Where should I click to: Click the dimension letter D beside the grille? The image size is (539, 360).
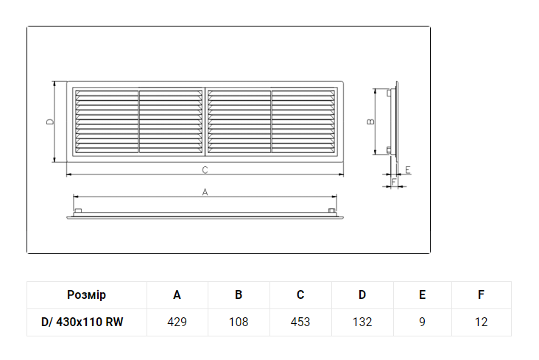[x=50, y=121]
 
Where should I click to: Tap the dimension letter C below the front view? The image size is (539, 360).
[x=205, y=170]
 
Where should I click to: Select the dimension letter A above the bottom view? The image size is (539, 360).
[x=205, y=192]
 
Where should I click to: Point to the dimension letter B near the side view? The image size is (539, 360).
[x=370, y=121]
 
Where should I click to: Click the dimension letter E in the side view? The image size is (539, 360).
[x=408, y=170]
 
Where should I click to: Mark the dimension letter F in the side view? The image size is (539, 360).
[x=394, y=182]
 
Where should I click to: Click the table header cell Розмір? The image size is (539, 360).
[x=86, y=295]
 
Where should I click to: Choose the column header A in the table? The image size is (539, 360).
[x=177, y=294]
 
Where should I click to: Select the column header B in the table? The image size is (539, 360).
[x=239, y=294]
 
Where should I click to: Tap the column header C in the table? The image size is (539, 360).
[x=300, y=294]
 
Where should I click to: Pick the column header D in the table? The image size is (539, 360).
[x=362, y=294]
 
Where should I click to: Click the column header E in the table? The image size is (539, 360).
[x=423, y=294]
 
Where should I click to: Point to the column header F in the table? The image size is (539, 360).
[x=482, y=294]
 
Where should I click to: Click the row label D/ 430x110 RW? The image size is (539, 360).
[x=82, y=322]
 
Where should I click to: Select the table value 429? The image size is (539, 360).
[x=177, y=322]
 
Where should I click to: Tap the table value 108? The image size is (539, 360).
[x=239, y=322]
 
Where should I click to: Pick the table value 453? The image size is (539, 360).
[x=300, y=322]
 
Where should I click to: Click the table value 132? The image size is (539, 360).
[x=362, y=322]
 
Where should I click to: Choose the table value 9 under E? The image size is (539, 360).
[x=423, y=322]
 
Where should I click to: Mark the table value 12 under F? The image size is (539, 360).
[x=482, y=322]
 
